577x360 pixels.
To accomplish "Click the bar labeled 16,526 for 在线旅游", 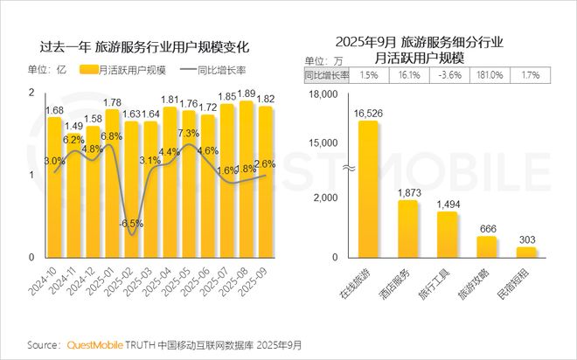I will click(x=368, y=188).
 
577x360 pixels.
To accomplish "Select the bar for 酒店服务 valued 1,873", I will click(x=408, y=229).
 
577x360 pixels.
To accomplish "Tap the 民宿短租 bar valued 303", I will click(x=526, y=252).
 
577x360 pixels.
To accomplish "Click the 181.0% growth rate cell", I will click(x=488, y=76).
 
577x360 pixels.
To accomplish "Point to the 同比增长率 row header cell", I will click(x=326, y=76).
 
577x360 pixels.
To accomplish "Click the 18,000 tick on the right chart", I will click(x=322, y=94).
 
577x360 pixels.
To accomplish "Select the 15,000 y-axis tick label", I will click(x=322, y=142).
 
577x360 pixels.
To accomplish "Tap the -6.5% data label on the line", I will click(x=132, y=223).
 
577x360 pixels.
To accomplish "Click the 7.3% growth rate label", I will click(x=189, y=134).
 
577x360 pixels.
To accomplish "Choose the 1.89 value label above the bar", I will click(x=247, y=93).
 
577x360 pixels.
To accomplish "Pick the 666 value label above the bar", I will click(x=487, y=228).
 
